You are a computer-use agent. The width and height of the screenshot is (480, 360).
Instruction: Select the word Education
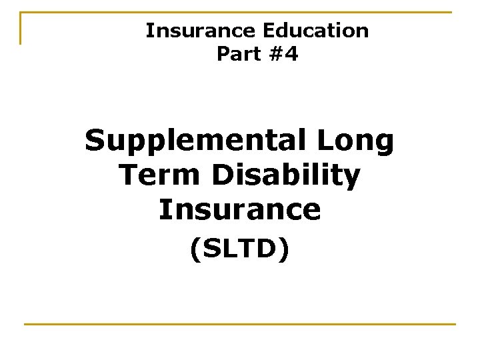click(x=315, y=31)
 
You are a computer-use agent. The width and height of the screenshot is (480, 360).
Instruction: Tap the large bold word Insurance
click(x=239, y=209)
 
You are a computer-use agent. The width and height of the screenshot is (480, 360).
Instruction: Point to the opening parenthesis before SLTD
click(x=194, y=250)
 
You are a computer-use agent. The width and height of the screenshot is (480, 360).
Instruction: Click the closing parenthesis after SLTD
click(x=285, y=250)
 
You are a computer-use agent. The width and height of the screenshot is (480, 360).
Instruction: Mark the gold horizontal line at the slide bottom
click(x=239, y=325)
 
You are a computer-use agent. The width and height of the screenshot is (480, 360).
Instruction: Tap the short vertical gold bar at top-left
click(x=21, y=29)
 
